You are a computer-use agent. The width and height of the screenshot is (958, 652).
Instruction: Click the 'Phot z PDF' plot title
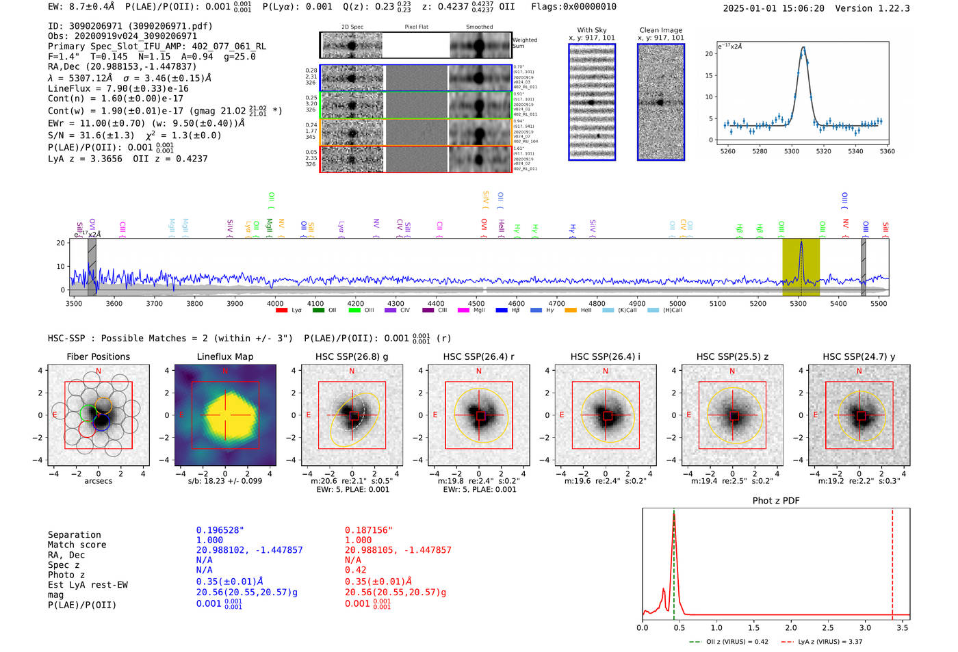776,501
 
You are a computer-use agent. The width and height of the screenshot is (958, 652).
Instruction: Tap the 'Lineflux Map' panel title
225,357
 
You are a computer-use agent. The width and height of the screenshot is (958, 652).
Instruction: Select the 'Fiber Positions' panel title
98,357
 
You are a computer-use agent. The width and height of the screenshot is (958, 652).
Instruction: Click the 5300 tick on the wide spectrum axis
798,304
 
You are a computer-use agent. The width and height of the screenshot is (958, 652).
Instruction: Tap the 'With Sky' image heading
592,30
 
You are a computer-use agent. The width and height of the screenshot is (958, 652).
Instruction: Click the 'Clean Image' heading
661,30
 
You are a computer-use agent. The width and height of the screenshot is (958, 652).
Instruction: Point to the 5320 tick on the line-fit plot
823,151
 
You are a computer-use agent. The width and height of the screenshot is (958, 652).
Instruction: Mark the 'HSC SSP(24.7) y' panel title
859,357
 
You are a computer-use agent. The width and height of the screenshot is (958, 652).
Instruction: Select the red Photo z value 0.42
355,570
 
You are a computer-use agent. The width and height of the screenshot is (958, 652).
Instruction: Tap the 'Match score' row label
77,545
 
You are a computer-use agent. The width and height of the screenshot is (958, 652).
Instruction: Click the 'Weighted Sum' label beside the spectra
525,43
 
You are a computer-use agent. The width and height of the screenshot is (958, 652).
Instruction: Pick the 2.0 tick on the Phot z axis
790,627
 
